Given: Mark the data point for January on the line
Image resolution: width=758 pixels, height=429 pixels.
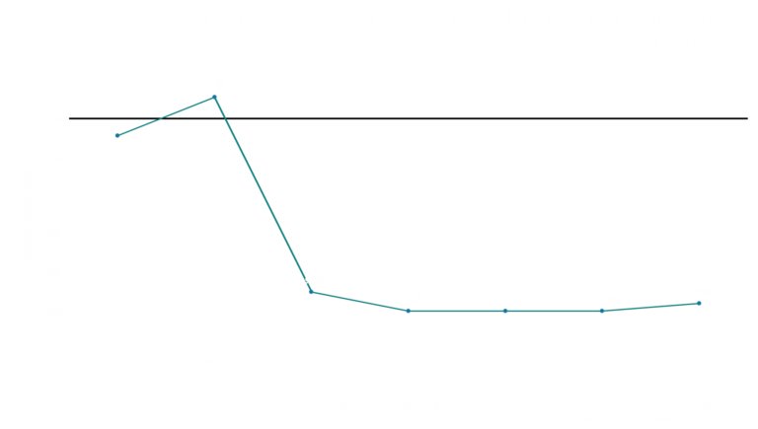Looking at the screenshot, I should (117, 135).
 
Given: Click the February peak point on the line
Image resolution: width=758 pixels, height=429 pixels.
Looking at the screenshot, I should (214, 97).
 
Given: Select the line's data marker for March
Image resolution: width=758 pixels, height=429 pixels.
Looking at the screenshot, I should (311, 292).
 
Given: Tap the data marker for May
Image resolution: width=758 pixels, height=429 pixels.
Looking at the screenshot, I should (504, 311).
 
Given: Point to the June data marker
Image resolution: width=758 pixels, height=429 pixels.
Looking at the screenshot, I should (601, 311).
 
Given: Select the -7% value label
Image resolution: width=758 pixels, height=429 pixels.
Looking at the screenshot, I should (117, 124).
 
